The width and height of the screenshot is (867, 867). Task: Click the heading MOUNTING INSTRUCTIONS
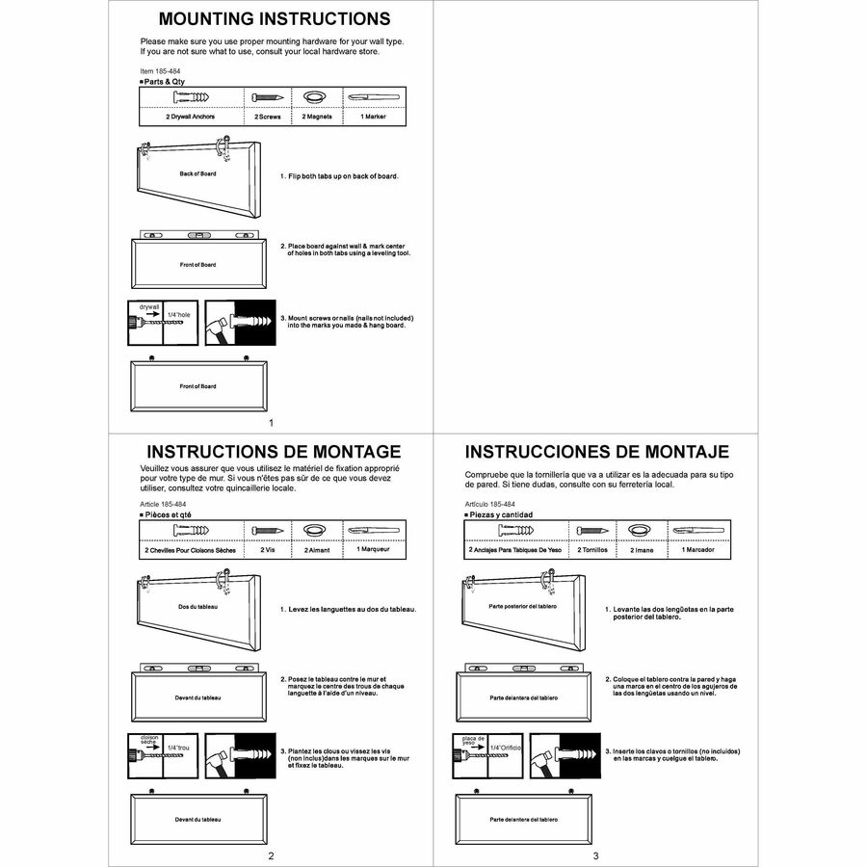(x=275, y=19)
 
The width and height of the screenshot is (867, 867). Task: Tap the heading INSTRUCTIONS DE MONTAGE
(x=274, y=452)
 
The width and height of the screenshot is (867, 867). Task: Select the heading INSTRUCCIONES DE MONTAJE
(x=596, y=452)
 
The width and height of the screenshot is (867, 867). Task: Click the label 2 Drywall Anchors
(x=190, y=117)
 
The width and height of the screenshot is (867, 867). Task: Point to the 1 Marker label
(x=373, y=117)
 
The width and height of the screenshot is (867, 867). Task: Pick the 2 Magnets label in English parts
(x=317, y=117)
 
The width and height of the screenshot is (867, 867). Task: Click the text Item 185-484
(x=159, y=71)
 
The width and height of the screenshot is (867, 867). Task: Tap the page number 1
(x=272, y=423)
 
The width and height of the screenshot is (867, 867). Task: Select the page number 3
(x=596, y=855)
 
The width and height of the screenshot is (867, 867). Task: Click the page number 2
(x=272, y=855)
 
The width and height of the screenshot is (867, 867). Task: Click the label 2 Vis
(x=268, y=549)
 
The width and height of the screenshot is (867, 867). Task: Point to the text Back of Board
(x=197, y=174)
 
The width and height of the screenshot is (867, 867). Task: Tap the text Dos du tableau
(x=197, y=607)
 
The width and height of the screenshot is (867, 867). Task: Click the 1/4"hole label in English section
(x=179, y=315)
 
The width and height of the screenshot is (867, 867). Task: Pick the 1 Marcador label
(x=698, y=549)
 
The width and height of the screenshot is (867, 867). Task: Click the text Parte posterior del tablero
(x=523, y=607)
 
